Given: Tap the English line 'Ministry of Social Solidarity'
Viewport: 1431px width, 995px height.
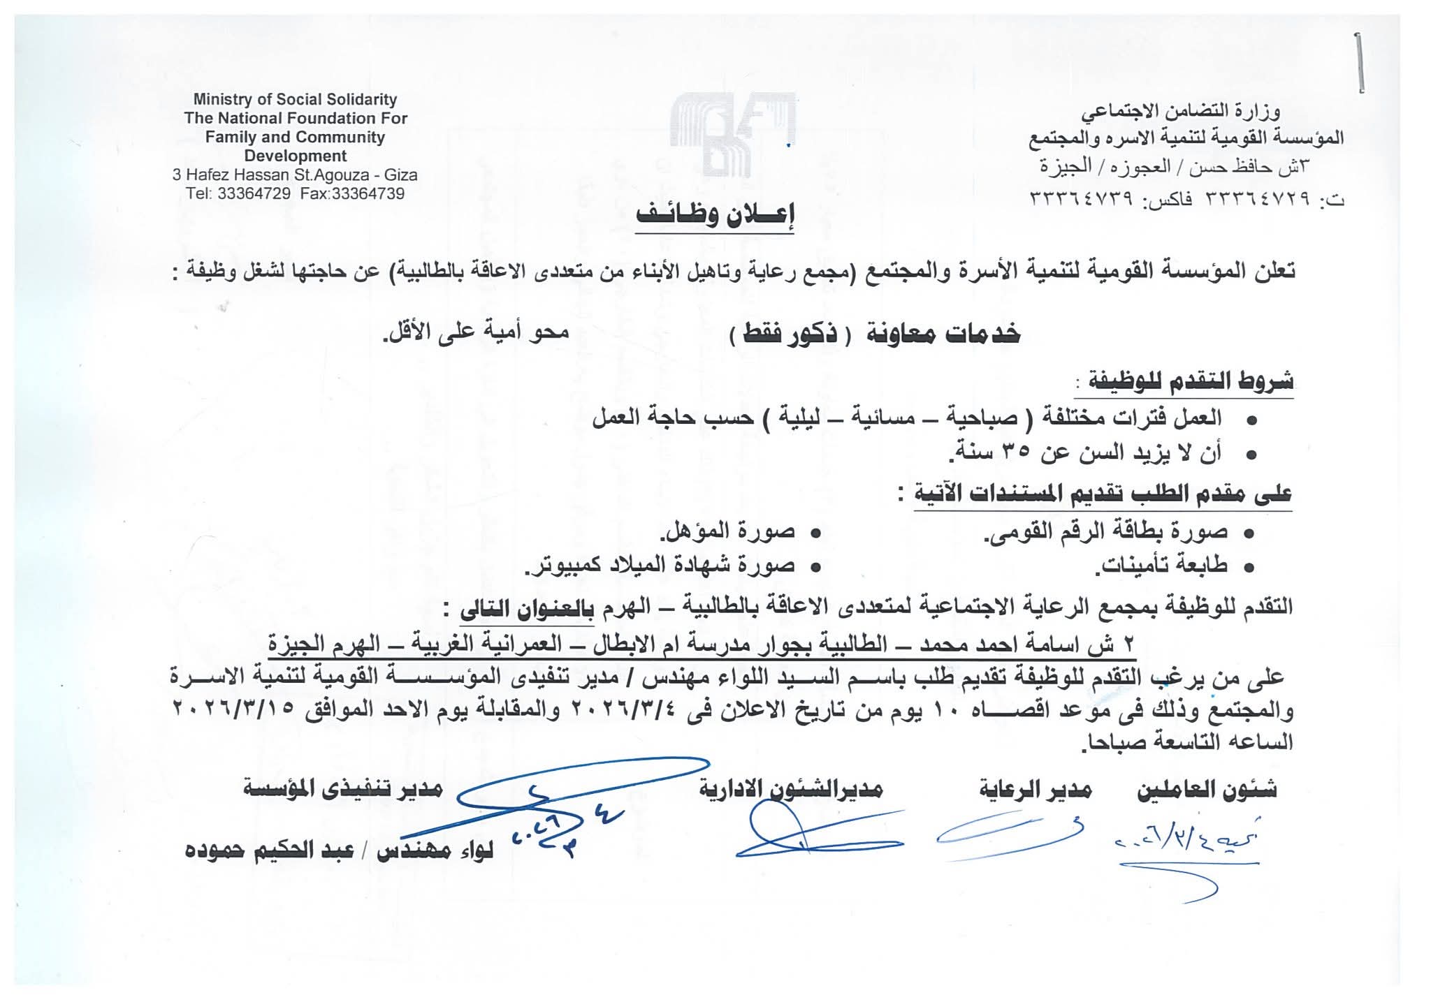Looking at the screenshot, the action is (295, 100).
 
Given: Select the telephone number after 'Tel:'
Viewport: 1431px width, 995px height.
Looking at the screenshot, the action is (254, 194).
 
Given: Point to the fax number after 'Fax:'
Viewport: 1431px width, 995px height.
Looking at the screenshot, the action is (368, 194).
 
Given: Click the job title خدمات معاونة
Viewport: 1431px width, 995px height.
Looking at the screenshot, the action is (943, 335).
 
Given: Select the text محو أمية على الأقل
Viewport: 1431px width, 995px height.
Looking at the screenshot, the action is (475, 332).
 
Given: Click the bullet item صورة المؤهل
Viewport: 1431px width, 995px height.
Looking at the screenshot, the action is (728, 531).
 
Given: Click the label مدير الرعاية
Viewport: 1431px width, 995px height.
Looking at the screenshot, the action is (1034, 790).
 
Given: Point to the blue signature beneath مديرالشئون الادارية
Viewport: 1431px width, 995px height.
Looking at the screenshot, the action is (818, 838).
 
